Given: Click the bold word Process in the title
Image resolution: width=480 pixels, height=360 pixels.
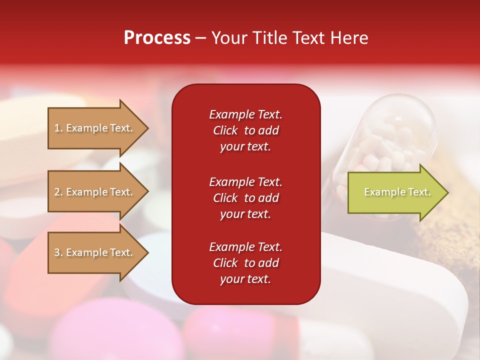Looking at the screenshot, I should coord(157,38).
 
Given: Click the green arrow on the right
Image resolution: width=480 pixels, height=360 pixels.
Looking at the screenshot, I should coord(395,192).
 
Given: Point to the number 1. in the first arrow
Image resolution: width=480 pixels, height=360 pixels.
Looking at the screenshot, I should coord(58,128).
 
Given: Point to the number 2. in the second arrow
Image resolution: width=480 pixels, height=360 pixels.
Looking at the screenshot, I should coord(58,192).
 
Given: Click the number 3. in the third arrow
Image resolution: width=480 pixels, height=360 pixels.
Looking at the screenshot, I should coord(58,252).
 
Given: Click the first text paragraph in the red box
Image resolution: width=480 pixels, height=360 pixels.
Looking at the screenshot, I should coord(245,130).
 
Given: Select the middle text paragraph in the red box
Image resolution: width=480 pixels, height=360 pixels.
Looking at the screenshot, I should coord(245,198).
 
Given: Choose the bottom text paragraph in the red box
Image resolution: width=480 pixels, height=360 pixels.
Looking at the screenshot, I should coord(245,263).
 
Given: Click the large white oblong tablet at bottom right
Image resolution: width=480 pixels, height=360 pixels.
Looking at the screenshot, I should coord(400,290).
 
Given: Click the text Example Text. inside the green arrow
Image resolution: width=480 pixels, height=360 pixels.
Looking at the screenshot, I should coord(397,192).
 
